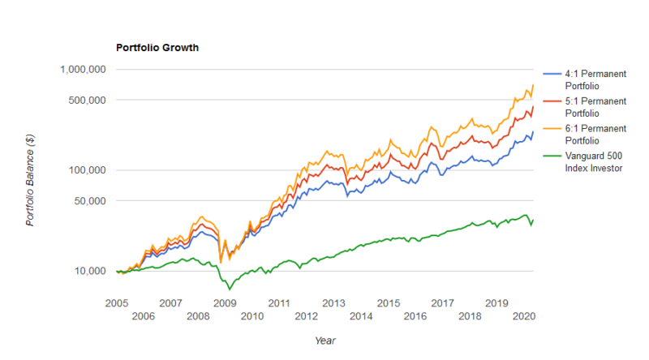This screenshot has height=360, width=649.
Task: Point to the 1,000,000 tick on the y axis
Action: point(83,70)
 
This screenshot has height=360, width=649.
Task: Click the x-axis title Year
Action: point(325,341)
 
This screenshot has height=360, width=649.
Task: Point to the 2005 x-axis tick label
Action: point(116,302)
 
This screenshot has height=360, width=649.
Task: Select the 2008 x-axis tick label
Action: point(197,316)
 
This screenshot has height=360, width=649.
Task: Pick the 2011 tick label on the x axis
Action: point(279,302)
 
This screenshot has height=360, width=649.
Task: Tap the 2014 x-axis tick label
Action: point(361,316)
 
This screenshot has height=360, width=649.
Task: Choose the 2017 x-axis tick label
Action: point(442,302)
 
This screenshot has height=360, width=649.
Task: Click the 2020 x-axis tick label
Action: point(524,316)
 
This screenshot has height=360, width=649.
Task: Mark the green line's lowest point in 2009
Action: point(230,289)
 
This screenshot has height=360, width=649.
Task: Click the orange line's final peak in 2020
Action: point(533,85)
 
